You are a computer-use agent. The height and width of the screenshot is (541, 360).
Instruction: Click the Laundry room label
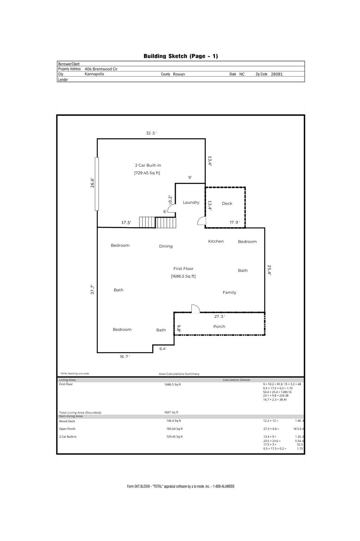(191, 203)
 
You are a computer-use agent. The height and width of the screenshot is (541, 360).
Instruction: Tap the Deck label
(227, 203)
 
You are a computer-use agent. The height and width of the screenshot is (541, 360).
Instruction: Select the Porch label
(219, 327)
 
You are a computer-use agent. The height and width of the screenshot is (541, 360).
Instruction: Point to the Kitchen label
(216, 241)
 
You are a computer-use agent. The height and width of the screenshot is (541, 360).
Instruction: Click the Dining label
(166, 246)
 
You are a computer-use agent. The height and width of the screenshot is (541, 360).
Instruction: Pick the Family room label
(229, 292)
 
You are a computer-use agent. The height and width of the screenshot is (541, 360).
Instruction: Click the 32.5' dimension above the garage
(151, 133)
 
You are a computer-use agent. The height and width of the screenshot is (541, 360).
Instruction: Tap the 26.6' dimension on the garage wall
(92, 182)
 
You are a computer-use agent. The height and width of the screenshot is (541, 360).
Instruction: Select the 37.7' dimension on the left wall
(92, 289)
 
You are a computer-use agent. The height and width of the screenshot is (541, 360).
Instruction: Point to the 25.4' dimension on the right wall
(269, 270)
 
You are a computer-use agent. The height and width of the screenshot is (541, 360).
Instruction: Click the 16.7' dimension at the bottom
(125, 356)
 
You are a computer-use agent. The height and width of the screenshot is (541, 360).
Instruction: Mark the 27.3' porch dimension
(220, 316)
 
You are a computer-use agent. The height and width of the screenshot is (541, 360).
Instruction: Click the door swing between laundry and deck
(202, 221)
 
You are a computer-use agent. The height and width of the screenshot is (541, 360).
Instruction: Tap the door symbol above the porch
(196, 309)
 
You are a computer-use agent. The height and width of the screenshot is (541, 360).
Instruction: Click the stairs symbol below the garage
(157, 222)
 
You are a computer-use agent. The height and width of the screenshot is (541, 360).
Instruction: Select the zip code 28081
(277, 74)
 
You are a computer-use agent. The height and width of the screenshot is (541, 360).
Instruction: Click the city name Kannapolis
(94, 74)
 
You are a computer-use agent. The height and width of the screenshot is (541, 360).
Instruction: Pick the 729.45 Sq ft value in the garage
(147, 173)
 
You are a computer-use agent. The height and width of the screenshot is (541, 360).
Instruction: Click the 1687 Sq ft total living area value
(171, 412)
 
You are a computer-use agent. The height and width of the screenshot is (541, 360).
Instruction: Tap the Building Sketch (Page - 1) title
(181, 56)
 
